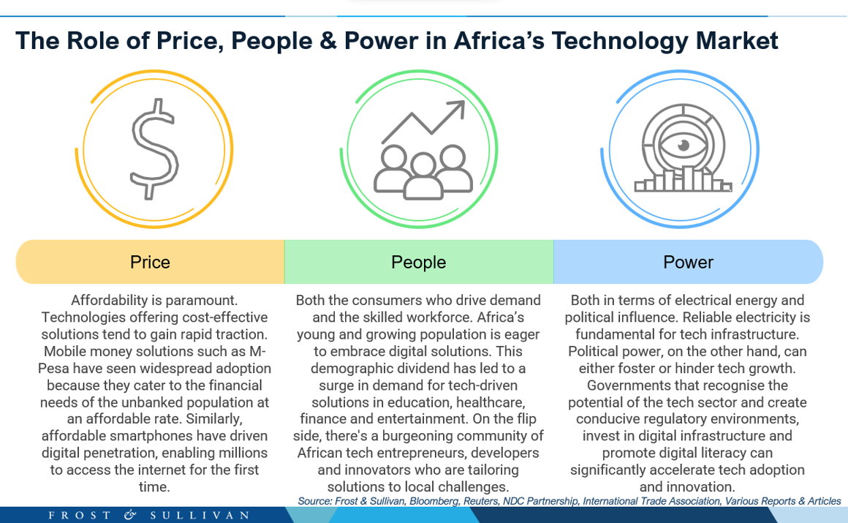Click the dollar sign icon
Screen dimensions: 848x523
click(154, 149)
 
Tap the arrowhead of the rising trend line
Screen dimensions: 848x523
click(458, 109)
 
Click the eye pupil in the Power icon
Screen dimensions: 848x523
click(684, 145)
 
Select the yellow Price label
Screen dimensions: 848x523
click(150, 262)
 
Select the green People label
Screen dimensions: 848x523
click(419, 262)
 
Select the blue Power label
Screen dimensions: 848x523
click(688, 262)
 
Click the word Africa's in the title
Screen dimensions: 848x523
click(499, 41)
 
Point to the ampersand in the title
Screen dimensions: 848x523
click(328, 41)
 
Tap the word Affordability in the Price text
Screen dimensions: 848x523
click(109, 301)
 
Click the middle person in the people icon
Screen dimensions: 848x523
click(423, 176)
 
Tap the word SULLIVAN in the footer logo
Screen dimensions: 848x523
click(200, 515)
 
